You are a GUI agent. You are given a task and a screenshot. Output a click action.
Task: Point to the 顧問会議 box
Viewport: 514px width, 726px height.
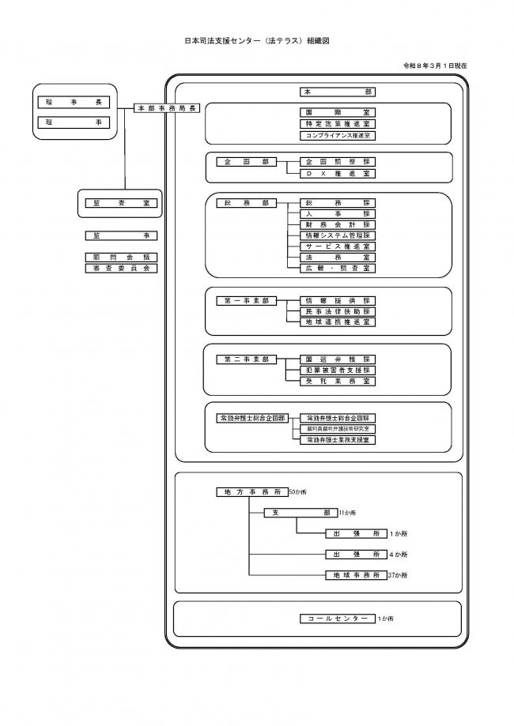coord(121,257)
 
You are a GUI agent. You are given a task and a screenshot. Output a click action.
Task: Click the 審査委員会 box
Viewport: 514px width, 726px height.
coord(121,269)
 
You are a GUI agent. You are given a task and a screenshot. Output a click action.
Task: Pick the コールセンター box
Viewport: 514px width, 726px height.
coord(337,619)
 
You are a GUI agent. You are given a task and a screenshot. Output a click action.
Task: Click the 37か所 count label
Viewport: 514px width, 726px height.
coord(399,576)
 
